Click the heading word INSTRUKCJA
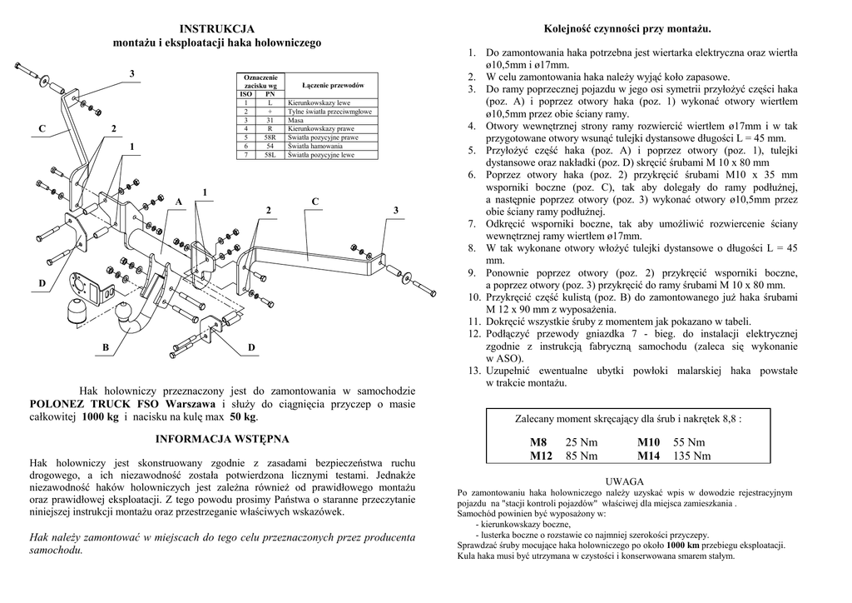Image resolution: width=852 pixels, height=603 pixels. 217,30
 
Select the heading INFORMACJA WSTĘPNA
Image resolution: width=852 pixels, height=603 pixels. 222,439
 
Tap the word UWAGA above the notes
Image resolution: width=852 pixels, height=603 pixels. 625,482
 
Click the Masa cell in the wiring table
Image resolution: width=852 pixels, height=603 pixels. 296,120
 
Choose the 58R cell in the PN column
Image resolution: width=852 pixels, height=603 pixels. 270,137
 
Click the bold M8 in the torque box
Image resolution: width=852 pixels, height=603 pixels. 539,442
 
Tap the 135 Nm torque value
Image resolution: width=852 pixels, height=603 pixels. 692,456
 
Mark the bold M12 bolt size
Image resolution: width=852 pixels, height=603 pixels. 542,456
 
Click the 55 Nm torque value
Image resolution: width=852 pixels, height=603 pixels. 689,442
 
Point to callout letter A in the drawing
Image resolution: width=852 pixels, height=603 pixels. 178,202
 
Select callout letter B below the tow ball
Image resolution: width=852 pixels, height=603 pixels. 106,346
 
